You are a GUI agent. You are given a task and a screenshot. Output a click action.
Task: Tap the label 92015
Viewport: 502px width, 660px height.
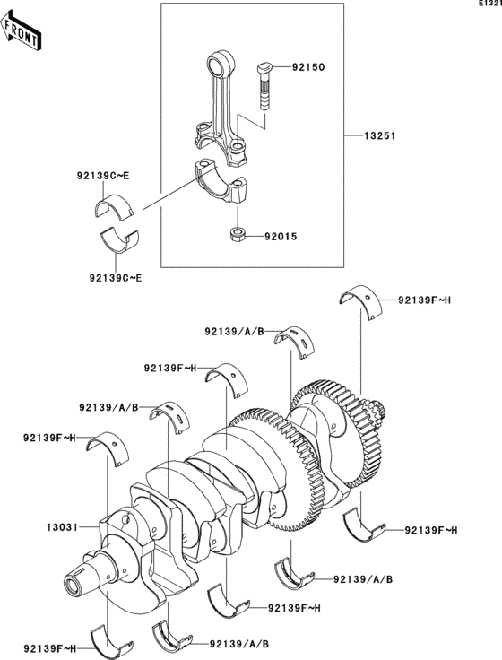click(279, 238)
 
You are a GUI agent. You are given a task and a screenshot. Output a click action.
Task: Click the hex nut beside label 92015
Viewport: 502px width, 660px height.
click(238, 236)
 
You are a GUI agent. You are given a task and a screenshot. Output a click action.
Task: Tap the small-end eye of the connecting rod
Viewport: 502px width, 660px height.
click(218, 65)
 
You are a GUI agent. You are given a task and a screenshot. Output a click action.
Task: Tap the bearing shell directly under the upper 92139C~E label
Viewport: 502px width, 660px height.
click(114, 207)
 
